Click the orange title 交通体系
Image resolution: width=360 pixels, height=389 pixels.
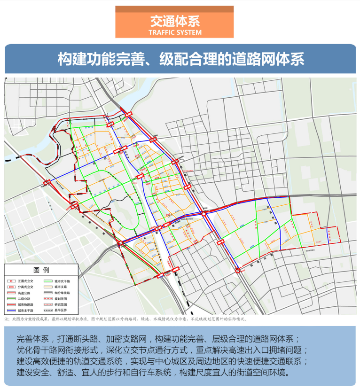point(174,21)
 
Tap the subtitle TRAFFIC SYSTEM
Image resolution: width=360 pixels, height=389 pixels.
point(174,32)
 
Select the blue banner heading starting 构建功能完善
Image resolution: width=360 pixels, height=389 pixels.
point(180,59)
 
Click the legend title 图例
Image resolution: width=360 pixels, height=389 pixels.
point(41,270)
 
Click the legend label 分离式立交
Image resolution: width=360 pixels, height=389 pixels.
point(24,287)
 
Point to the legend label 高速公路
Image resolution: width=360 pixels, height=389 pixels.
point(23,293)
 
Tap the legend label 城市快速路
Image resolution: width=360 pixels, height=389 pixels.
point(24,305)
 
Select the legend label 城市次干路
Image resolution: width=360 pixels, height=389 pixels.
point(62,280)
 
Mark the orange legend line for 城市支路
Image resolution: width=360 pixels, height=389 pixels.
point(47,287)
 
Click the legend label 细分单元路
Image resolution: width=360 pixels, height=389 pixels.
point(62,293)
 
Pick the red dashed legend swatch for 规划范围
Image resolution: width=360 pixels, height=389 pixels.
point(47,299)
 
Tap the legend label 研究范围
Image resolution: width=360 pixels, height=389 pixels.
point(61,305)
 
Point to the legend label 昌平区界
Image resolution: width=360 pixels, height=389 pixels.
point(61,311)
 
